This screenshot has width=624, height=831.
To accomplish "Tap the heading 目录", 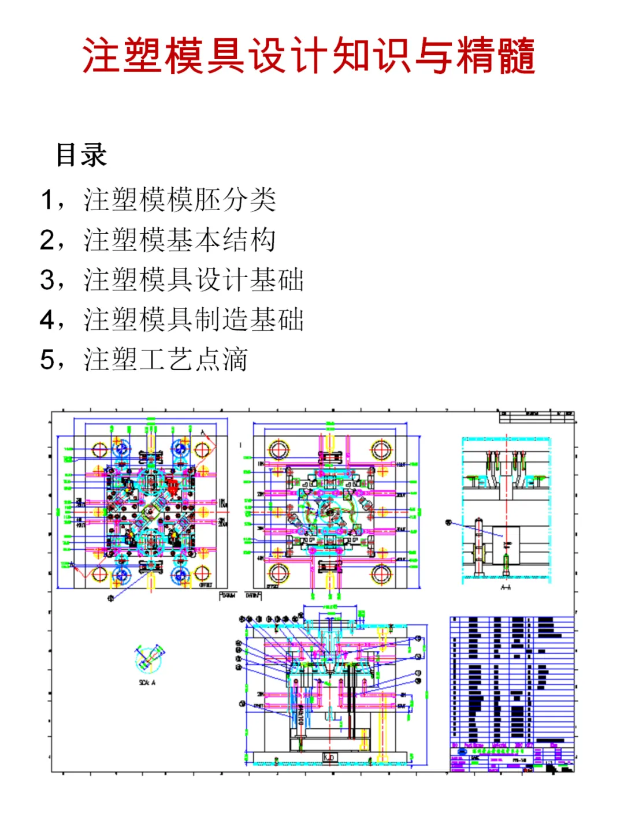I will tap(81, 155).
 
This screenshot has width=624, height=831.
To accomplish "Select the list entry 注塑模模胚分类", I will tap(180, 200).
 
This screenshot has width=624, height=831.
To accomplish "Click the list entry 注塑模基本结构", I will tap(180, 240).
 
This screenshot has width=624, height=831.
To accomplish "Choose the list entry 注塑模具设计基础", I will tap(194, 280).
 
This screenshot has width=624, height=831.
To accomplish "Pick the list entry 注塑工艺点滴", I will tap(166, 359).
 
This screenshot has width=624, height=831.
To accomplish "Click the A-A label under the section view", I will tap(506, 587).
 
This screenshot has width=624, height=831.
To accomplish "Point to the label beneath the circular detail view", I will tap(147, 683).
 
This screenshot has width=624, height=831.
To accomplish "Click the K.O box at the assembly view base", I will tap(329, 757).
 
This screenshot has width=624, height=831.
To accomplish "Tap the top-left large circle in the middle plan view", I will tap(278, 449).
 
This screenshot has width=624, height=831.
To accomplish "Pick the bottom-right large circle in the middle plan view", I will tap(381, 573).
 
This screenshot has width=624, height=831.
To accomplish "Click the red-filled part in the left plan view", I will tap(172, 482).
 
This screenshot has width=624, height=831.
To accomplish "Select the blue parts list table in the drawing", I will tap(512, 681).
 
